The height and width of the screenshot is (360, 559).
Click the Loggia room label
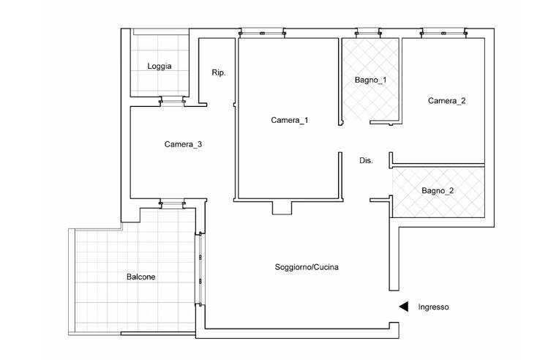tap(160, 67)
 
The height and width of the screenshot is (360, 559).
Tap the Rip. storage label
tap(219, 72)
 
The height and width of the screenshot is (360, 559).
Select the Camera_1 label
tap(290, 121)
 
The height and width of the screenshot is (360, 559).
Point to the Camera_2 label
tap(447, 101)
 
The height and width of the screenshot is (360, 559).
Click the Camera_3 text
tap(183, 144)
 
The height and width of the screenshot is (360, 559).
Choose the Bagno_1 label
tap(370, 80)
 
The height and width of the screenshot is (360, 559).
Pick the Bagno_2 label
tap(438, 191)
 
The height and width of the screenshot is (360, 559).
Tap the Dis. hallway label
tap(366, 161)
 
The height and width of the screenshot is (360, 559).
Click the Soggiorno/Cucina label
tap(307, 267)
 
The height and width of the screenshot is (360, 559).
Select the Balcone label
tap(140, 277)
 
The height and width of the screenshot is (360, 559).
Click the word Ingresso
tap(433, 307)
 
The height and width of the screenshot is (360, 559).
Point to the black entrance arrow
tap(404, 307)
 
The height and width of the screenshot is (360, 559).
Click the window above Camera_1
tap(263, 33)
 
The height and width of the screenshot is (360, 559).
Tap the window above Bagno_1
tap(368, 33)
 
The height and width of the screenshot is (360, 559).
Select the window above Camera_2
tap(443, 33)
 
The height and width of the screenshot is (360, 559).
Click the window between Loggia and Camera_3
tap(172, 101)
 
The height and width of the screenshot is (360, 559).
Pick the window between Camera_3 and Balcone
tap(172, 203)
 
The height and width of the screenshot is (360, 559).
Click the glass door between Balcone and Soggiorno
tap(200, 269)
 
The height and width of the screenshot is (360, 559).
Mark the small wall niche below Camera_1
tap(282, 208)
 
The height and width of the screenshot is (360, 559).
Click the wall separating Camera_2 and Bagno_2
tap(438, 165)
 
